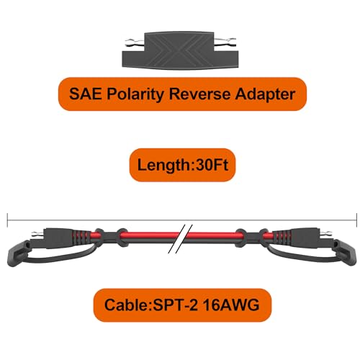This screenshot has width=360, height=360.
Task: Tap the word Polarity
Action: [x=135, y=94]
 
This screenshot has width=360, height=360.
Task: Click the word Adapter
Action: [x=265, y=94]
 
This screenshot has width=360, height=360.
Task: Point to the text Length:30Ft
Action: [x=182, y=165]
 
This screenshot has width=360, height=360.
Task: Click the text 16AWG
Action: [x=231, y=305]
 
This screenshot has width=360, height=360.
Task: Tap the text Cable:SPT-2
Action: [x=151, y=305]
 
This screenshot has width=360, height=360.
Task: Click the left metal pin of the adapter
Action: [x=135, y=43]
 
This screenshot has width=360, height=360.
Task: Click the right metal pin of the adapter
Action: [x=225, y=42]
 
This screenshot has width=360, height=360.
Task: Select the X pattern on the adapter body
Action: [x=179, y=53]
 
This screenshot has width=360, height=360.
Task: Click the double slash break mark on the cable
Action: [x=181, y=239]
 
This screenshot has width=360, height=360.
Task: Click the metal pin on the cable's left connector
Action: [x=38, y=233]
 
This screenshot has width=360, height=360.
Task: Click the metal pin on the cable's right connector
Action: [x=326, y=233]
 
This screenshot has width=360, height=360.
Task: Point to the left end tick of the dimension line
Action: [x=7, y=220]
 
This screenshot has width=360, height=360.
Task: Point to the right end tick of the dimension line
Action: [x=356, y=220]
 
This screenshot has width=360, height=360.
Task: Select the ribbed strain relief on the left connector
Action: [x=81, y=237]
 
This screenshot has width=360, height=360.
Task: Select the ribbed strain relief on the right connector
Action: [x=279, y=236]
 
